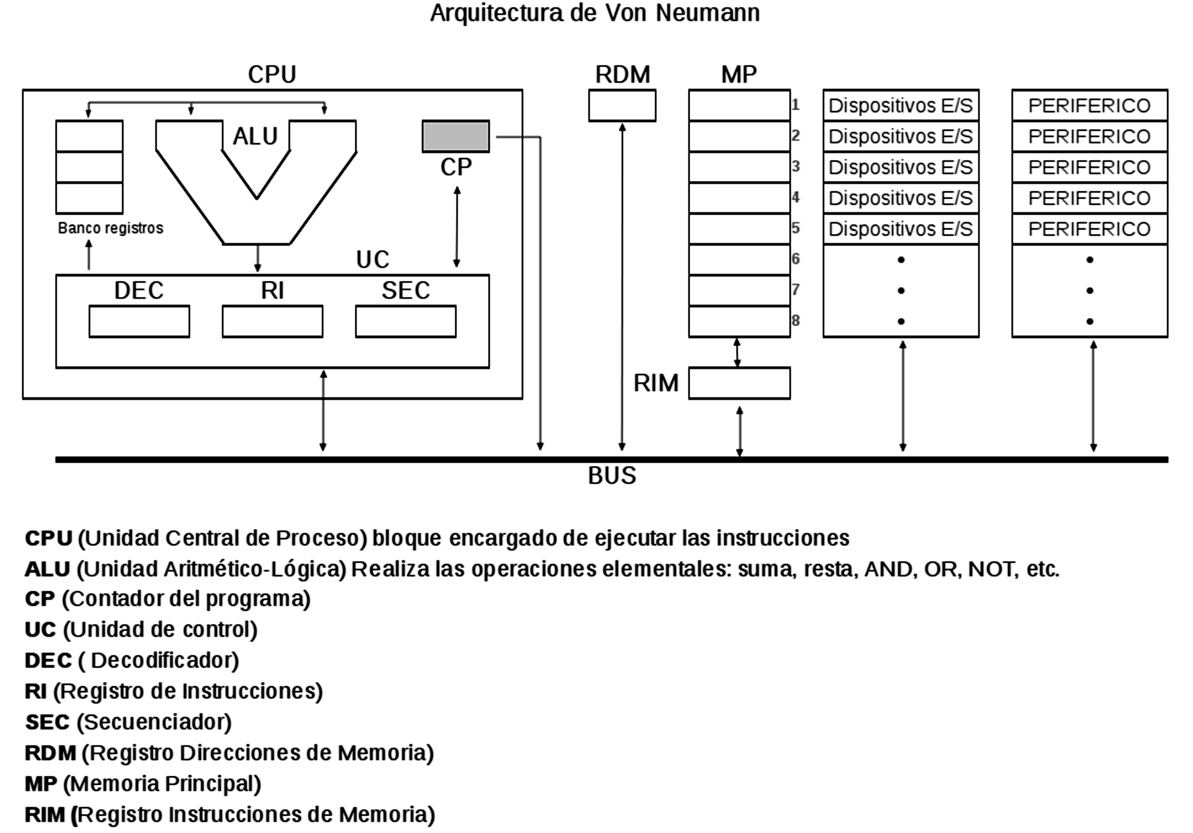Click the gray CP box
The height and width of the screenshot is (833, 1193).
coord(455,136)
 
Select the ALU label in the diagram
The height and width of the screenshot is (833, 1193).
coord(255,136)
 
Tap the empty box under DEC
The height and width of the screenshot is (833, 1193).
coord(139,322)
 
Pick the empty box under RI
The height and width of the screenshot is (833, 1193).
coord(272,322)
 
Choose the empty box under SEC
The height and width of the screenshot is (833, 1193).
coord(406,322)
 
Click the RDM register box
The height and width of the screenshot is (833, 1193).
coord(622,105)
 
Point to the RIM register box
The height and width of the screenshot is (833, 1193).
coord(739,384)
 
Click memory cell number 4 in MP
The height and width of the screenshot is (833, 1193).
coord(739,198)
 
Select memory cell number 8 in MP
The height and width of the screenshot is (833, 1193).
coord(739,322)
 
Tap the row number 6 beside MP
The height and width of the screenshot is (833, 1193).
coord(795,259)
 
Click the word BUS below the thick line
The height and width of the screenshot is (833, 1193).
coord(611,476)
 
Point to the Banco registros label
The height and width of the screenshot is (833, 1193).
coord(111,228)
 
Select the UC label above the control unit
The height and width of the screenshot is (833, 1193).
coord(372,259)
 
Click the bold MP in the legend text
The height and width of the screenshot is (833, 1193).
coord(40,784)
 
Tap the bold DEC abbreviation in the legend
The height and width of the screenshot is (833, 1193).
coord(48,661)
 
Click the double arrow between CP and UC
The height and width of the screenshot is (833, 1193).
coord(457,227)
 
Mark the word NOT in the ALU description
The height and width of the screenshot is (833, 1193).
coord(992,569)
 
